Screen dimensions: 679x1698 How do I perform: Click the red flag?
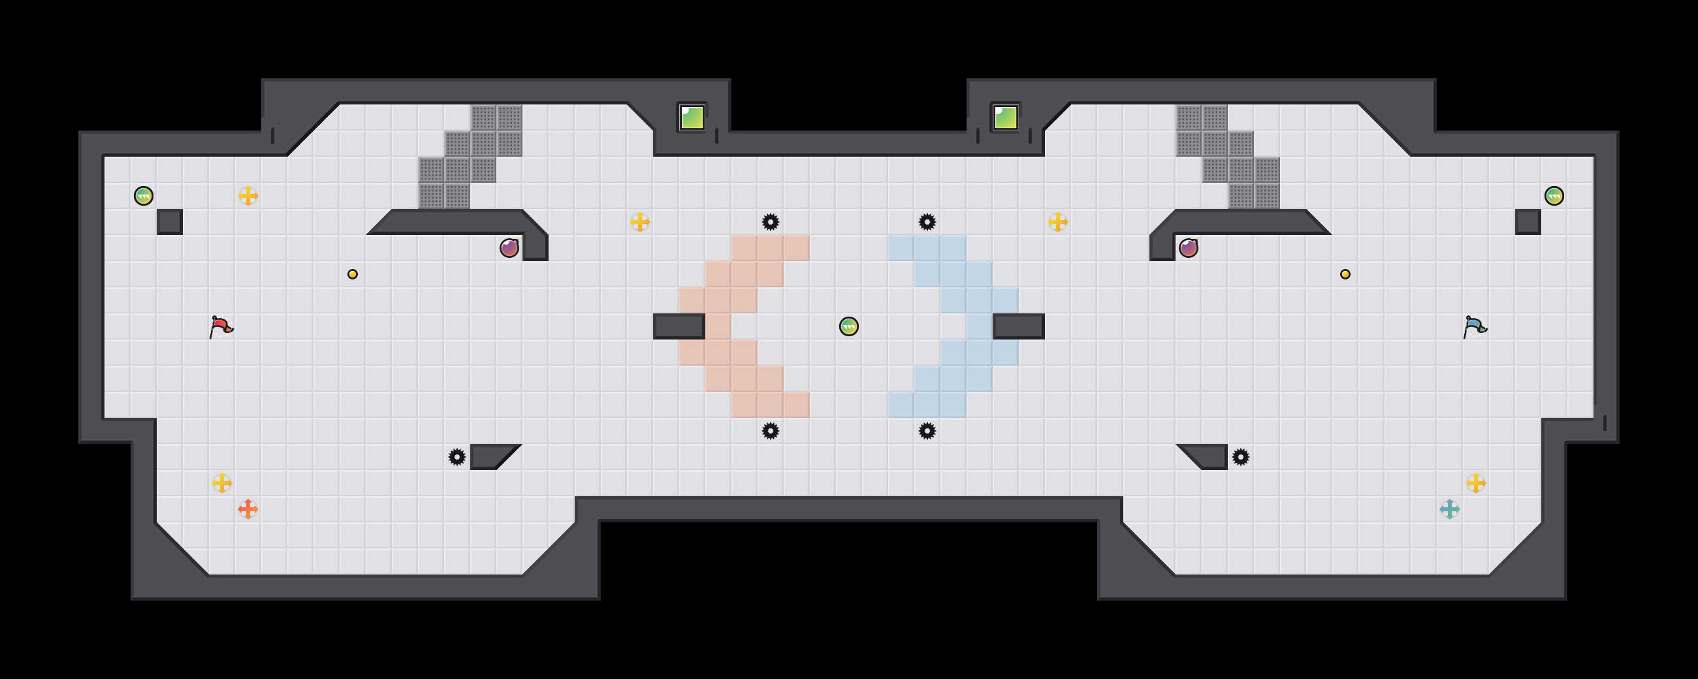point(221,326)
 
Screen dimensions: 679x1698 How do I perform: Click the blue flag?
point(1475,326)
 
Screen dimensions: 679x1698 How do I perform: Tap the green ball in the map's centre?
point(848,326)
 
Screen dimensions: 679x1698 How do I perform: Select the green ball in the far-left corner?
point(143,196)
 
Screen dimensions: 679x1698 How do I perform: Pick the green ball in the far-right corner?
point(1554,196)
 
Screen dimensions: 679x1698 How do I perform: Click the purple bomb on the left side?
point(509,249)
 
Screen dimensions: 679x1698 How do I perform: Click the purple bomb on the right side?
point(1188,249)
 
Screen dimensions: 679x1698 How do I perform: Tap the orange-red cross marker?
point(248,509)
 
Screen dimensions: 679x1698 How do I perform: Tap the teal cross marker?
point(1449,509)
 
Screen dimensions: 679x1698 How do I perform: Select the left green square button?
point(692,118)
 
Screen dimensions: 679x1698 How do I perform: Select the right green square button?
point(1005,118)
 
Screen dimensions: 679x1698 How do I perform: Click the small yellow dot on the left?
point(353,274)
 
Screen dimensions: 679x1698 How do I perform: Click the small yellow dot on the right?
point(1345,274)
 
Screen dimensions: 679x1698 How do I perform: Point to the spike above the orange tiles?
point(770,222)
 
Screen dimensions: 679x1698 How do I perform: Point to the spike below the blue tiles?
point(927,431)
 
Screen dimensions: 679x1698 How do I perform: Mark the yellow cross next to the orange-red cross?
point(221,483)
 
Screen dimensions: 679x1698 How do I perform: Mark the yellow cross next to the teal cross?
point(1475,483)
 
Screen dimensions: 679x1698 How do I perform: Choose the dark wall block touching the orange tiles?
point(679,326)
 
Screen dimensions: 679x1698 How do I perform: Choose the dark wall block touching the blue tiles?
point(1018,326)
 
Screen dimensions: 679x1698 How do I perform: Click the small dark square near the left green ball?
point(169,222)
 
